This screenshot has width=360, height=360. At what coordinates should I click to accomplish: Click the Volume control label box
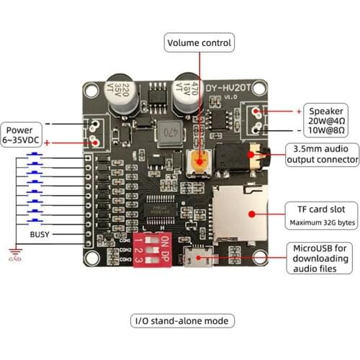click(199, 42)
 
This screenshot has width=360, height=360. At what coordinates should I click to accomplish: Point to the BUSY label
click(40, 235)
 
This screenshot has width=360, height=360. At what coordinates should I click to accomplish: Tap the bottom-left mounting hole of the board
click(93, 258)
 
